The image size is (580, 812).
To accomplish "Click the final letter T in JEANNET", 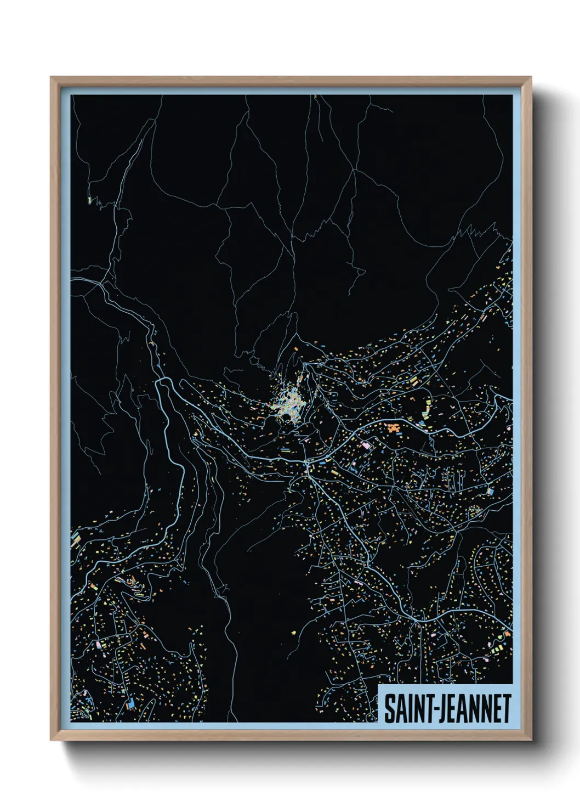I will [506, 709].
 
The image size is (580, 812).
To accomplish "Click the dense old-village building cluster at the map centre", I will [289, 404].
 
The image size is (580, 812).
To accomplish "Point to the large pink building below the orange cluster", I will [366, 446].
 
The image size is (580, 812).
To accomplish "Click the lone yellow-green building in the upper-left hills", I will [88, 199].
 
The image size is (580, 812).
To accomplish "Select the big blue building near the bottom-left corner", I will [130, 703].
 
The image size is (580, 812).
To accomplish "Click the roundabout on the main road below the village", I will [306, 464].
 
